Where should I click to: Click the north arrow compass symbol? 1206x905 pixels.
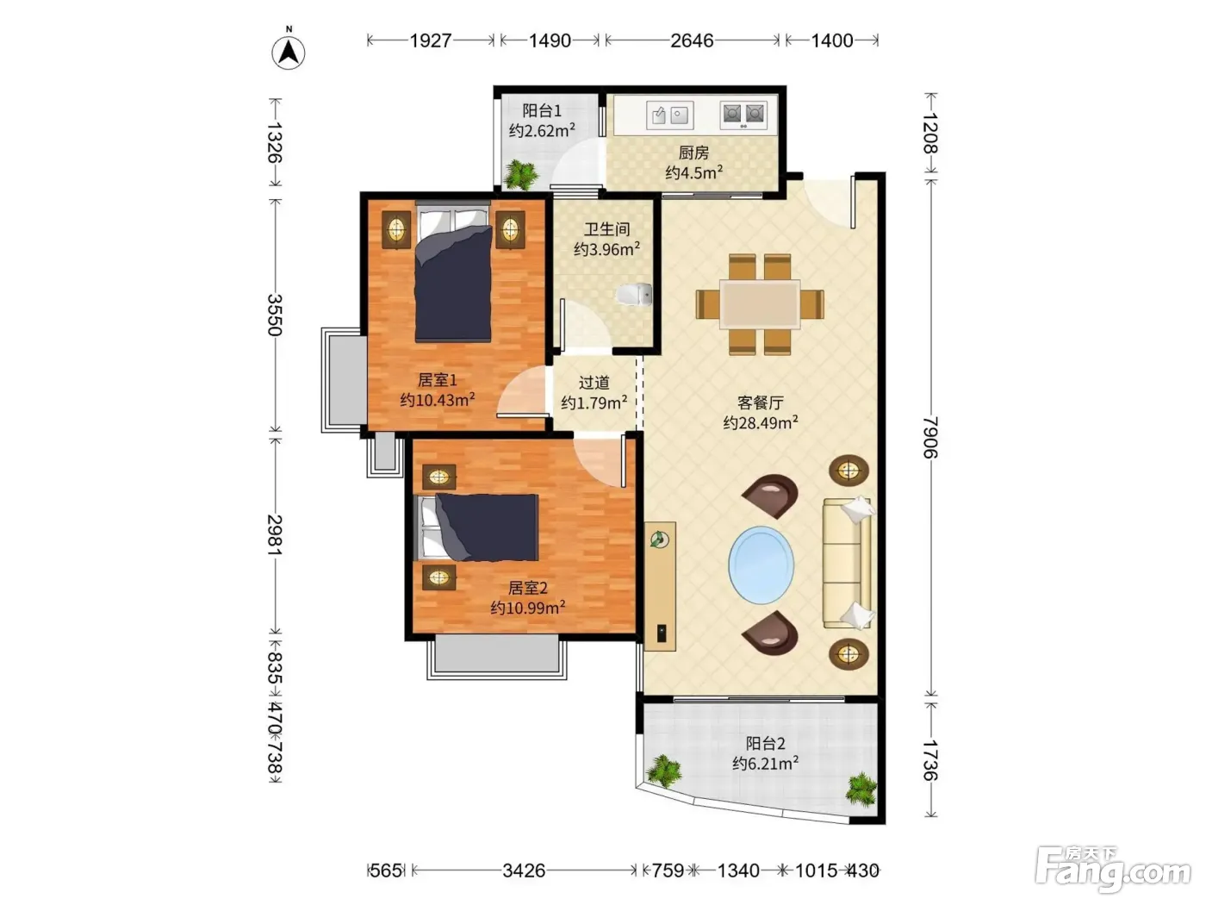(x=289, y=53)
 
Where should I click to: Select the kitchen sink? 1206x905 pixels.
(x=669, y=115)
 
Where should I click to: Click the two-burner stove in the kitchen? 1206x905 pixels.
(x=743, y=115)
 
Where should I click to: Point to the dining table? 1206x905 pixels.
(x=760, y=304)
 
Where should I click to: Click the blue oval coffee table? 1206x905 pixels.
(x=761, y=565)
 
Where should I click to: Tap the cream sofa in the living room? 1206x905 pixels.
(x=848, y=563)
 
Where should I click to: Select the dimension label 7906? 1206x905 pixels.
(x=929, y=437)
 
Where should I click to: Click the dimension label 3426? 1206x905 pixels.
(x=524, y=871)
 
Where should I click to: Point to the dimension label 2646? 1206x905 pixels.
(x=692, y=41)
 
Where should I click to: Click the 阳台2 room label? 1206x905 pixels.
(x=765, y=744)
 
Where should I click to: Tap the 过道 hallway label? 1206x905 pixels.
(x=594, y=383)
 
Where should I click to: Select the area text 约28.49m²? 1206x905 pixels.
(x=761, y=422)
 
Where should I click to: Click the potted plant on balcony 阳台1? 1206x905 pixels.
(x=521, y=175)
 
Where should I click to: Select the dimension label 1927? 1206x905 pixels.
(x=431, y=41)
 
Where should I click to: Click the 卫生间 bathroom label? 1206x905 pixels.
(x=606, y=229)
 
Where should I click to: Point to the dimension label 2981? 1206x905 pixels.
(x=275, y=535)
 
